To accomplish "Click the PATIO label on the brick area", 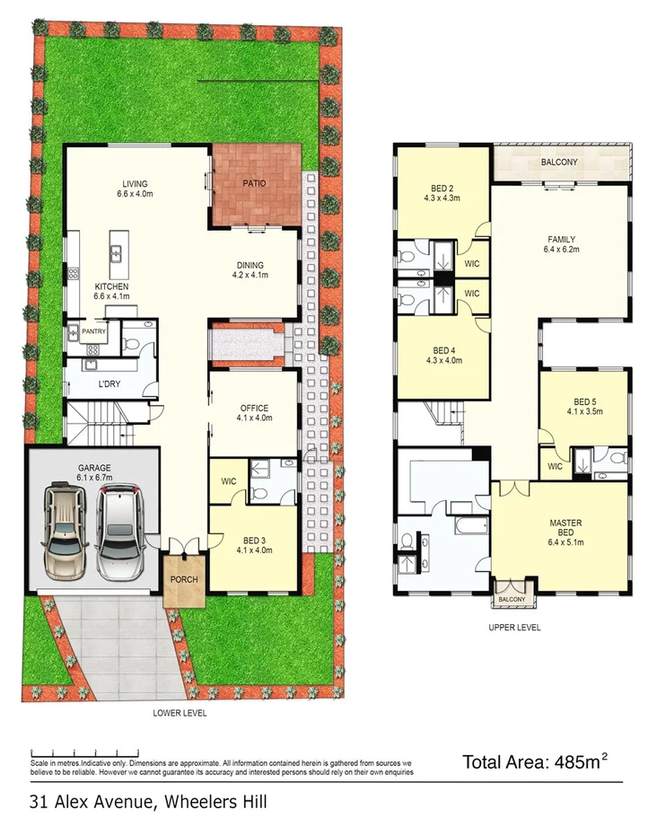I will (256, 183).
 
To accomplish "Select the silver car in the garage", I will (118, 533).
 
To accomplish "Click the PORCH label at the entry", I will (184, 580).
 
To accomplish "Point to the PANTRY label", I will (94, 331).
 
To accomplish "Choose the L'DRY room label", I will (109, 385).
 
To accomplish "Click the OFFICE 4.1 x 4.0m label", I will (253, 413).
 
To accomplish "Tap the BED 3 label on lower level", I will (253, 545).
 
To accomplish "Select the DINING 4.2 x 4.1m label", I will (250, 270).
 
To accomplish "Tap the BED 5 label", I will (584, 407).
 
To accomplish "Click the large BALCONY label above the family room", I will (558, 163).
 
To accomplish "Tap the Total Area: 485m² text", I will (535, 762).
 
